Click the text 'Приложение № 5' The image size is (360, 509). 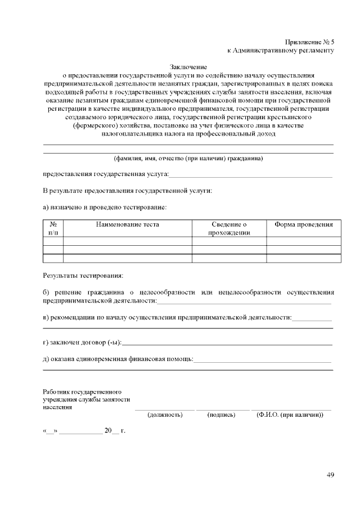309,42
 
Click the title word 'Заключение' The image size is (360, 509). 188,67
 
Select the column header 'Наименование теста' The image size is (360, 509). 127,224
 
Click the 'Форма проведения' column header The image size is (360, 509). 304,224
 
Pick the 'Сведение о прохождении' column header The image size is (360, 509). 229,228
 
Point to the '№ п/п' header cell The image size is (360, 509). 53,228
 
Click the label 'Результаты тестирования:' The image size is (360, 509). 83,276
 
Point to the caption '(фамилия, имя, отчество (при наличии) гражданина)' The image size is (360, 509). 188,159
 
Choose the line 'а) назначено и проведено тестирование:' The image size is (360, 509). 105,207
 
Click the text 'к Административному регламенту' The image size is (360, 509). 281,50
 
